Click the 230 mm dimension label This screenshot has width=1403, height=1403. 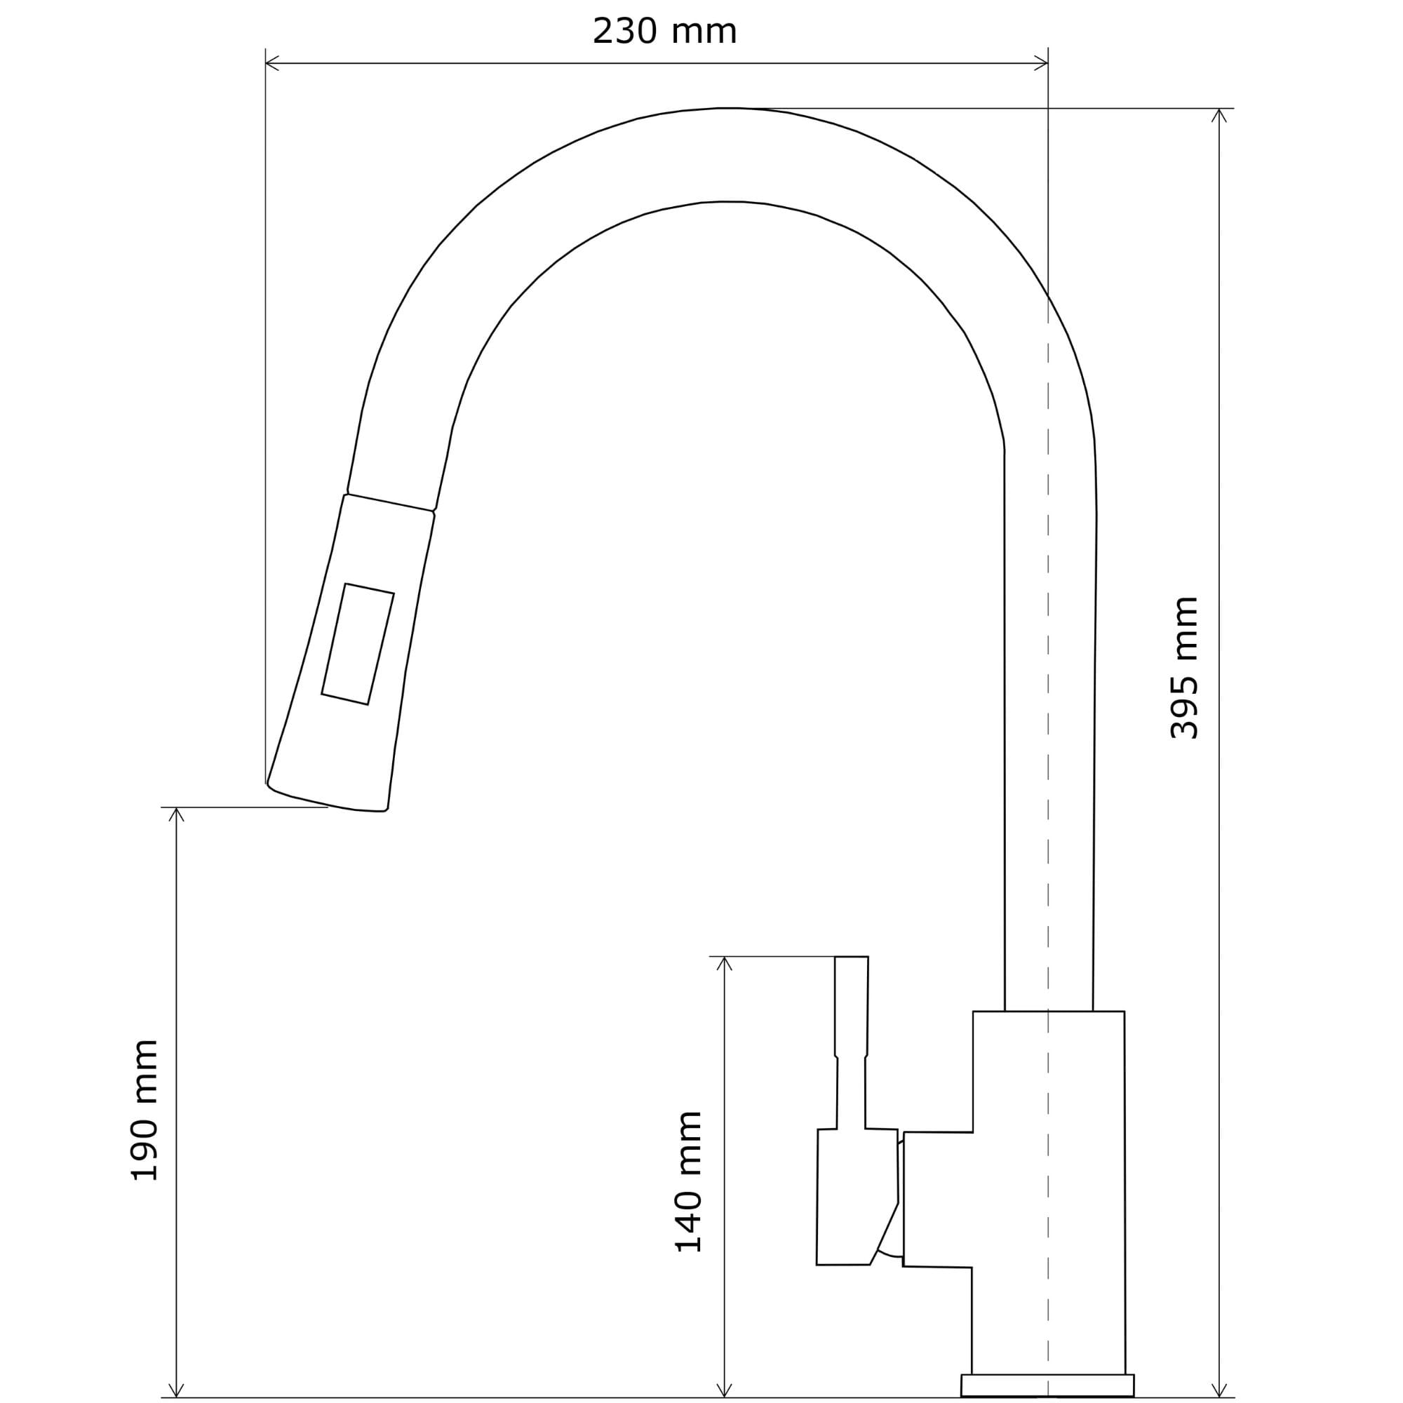(664, 32)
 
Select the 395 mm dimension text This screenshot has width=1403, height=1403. (1184, 668)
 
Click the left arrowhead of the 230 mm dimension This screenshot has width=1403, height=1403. (271, 63)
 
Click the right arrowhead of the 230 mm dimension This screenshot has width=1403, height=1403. (1040, 63)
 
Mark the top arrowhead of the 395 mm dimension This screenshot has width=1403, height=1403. (1219, 115)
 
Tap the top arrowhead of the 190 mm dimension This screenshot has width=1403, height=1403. (177, 814)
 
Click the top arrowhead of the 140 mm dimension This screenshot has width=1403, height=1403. (724, 963)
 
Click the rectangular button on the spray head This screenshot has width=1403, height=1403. (358, 643)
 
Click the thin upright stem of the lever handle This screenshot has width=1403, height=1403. (851, 1042)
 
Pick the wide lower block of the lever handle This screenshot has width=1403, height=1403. (857, 1206)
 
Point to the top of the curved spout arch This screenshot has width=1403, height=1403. (730, 109)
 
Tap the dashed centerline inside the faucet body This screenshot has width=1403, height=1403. (1048, 835)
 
